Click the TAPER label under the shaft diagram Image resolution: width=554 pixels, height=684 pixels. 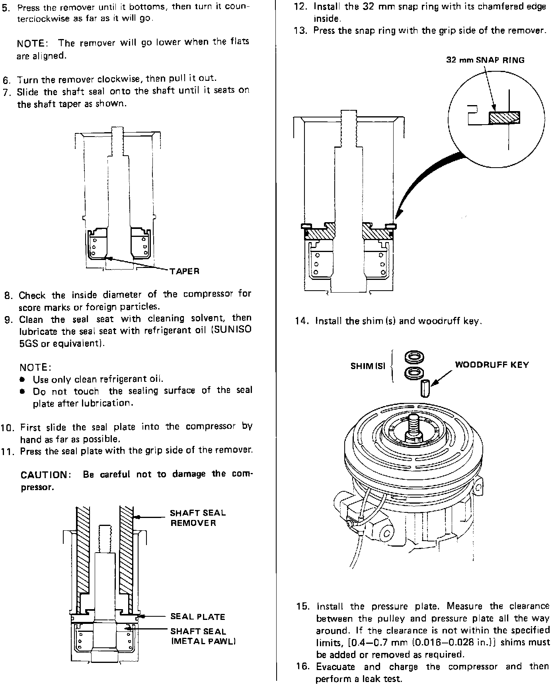coord(184,272)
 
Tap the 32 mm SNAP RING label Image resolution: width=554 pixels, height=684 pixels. coord(485,60)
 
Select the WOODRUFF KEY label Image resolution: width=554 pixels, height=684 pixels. coord(492,365)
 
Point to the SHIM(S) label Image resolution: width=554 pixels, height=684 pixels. coord(368,366)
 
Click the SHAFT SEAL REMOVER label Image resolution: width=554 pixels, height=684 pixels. coord(198,518)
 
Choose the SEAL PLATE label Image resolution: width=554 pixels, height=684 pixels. coord(197,617)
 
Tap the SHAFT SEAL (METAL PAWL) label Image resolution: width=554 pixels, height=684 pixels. coord(203,636)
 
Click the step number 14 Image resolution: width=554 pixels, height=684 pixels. coord(300,321)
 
